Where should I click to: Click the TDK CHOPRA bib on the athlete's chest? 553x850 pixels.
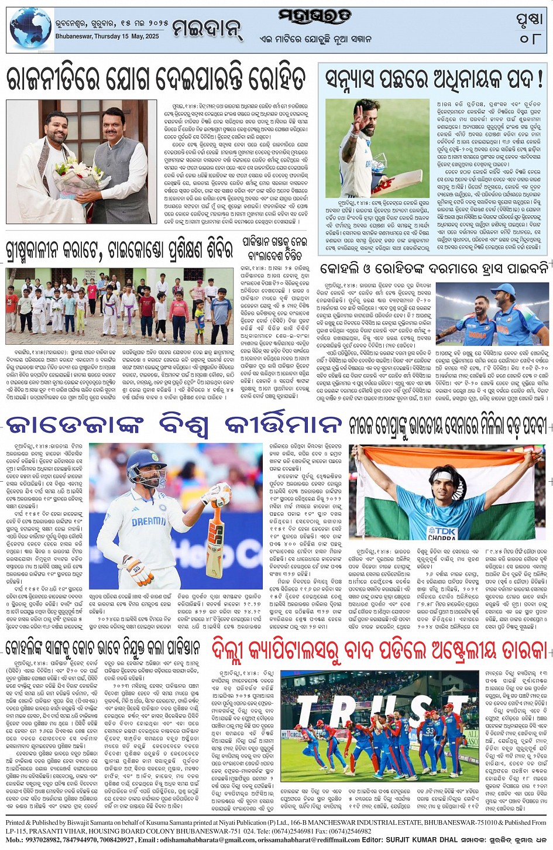click(x=442, y=532)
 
